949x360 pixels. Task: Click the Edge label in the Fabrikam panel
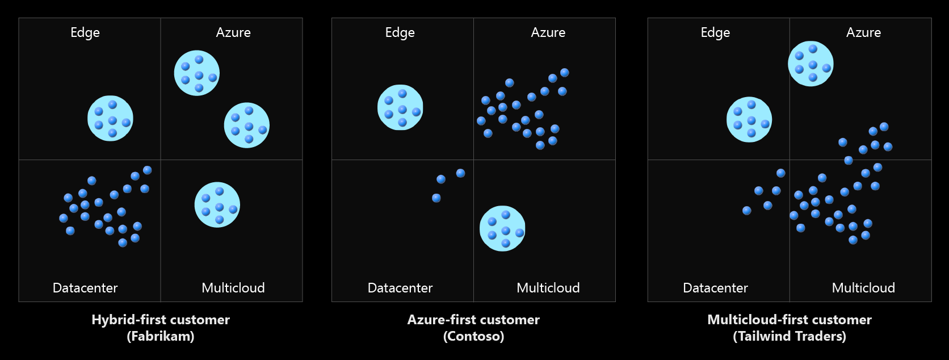point(85,33)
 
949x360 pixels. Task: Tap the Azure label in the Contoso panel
point(548,33)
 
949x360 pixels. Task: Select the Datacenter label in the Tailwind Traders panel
point(716,288)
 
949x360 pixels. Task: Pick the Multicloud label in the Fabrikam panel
point(233,288)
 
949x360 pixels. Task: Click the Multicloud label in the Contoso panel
point(548,288)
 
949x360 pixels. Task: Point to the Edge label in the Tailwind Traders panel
point(716,33)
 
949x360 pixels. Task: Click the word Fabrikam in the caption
point(161,336)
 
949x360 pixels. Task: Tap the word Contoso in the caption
point(474,336)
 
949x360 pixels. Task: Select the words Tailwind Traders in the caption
point(790,336)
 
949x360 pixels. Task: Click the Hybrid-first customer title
point(161,320)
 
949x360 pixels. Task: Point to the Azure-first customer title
point(474,320)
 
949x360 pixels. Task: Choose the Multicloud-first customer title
point(790,320)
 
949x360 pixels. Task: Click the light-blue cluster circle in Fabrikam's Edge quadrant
point(110,118)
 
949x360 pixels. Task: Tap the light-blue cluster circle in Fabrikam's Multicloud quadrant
point(217,205)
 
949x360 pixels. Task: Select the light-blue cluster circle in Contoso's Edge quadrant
point(400,107)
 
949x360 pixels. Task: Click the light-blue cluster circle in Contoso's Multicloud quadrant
point(502,229)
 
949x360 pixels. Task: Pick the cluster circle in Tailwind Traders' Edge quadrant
point(749,120)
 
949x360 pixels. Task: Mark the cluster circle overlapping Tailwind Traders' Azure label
point(811,64)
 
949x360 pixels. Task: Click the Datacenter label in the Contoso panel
point(400,288)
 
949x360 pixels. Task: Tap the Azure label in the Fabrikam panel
point(233,33)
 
